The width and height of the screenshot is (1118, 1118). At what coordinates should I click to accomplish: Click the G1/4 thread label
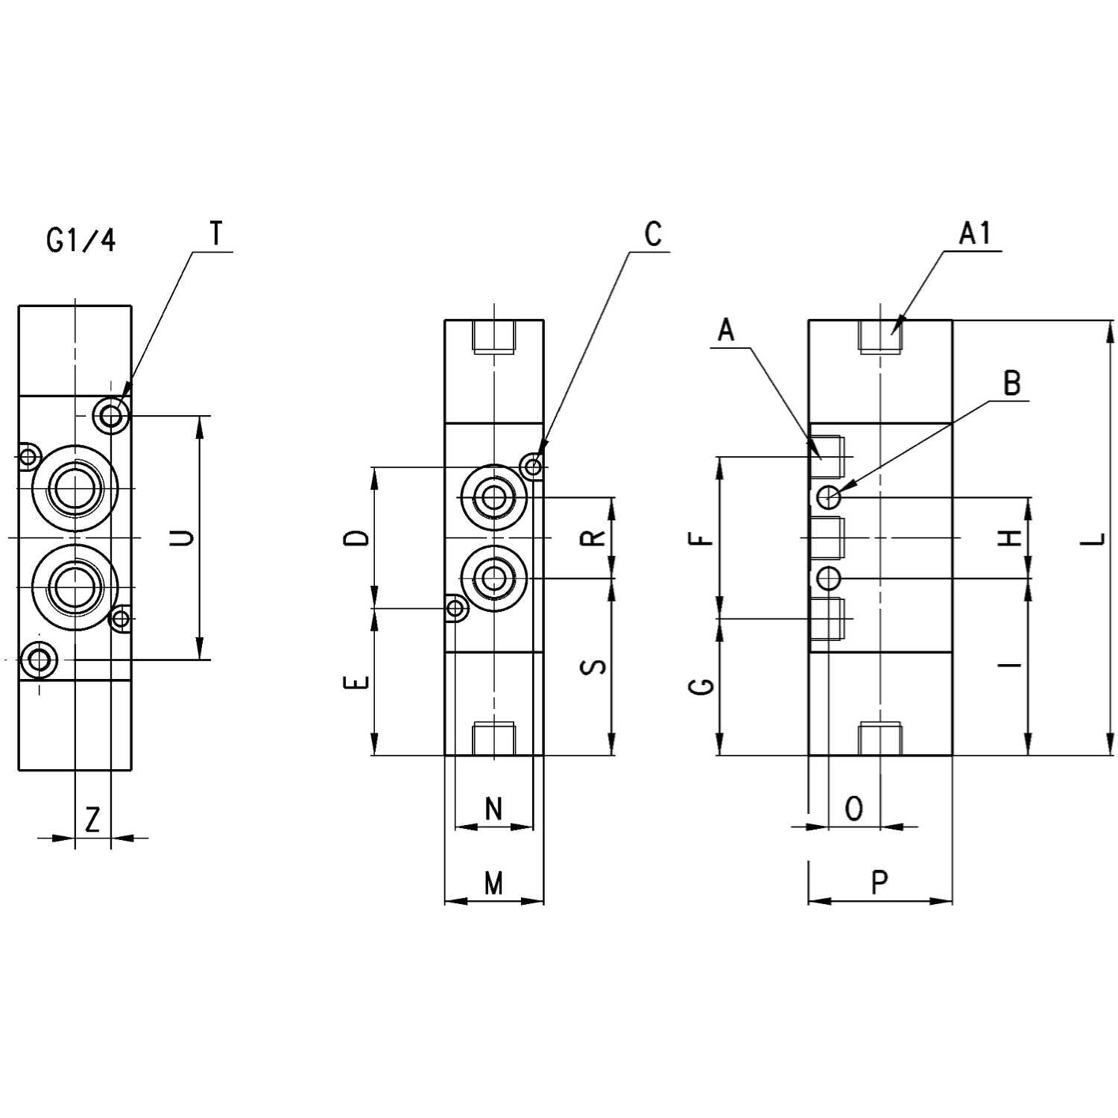(x=81, y=241)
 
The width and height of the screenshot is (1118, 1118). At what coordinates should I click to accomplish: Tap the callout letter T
(x=216, y=234)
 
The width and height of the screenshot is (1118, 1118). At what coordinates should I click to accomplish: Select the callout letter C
(x=653, y=234)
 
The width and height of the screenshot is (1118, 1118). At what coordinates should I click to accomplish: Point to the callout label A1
(x=975, y=233)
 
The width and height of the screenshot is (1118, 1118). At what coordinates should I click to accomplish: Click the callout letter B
(x=1011, y=383)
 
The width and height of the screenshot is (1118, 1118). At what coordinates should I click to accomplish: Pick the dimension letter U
(x=181, y=537)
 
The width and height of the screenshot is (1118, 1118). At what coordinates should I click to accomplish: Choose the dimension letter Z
(x=92, y=820)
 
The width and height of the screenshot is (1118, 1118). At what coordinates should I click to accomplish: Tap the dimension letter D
(x=359, y=538)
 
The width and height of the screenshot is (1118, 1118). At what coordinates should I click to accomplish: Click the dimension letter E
(x=359, y=682)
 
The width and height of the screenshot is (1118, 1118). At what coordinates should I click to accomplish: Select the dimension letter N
(x=493, y=809)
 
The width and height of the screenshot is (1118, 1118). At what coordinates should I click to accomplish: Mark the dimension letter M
(x=493, y=883)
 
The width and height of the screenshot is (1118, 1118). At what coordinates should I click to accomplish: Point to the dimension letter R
(x=593, y=538)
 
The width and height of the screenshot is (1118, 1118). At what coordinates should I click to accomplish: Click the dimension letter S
(x=593, y=666)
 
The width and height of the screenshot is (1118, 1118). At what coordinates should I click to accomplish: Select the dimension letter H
(x=1010, y=538)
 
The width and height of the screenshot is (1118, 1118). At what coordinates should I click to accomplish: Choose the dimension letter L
(x=1093, y=538)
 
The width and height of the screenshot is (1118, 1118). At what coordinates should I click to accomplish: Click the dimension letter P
(x=880, y=883)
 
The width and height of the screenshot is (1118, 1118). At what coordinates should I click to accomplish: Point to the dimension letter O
(x=854, y=809)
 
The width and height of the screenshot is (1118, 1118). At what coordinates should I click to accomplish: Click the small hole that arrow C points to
(x=533, y=467)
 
